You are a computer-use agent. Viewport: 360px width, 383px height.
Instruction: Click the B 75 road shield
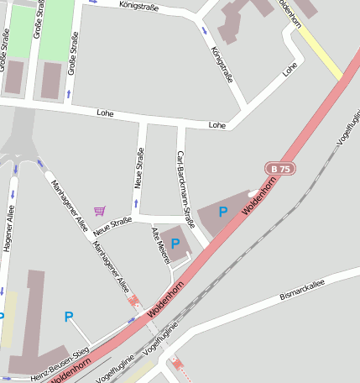pyautogui.click(x=280, y=169)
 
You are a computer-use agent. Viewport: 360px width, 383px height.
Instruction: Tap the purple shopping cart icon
pyautogui.click(x=100, y=210)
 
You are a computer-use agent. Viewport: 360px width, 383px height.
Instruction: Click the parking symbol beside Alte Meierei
pyautogui.click(x=175, y=244)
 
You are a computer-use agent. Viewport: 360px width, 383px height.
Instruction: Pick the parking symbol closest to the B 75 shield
pyautogui.click(x=223, y=212)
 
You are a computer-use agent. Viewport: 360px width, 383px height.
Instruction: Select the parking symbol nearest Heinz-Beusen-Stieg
pyautogui.click(x=69, y=317)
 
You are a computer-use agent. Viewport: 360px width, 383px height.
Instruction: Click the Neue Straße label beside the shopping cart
pyautogui.click(x=112, y=224)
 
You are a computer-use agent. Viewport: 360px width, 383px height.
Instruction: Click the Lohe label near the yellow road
pyautogui.click(x=290, y=70)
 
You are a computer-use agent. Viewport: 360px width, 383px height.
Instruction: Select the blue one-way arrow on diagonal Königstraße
pyautogui.click(x=205, y=32)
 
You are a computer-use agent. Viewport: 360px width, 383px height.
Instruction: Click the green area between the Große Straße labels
pyautogui.click(x=55, y=29)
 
